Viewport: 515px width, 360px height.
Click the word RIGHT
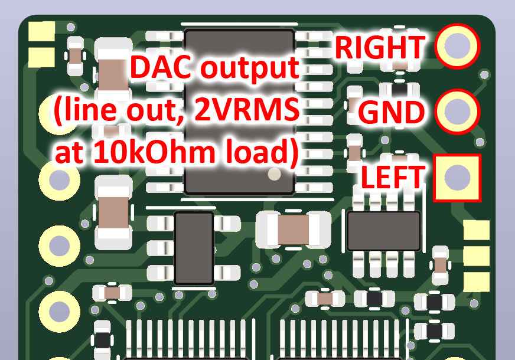380,47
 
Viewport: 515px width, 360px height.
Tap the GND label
391,112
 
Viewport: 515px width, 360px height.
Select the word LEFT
393,177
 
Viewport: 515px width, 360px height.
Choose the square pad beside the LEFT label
457,177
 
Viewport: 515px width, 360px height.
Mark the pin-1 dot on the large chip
274,174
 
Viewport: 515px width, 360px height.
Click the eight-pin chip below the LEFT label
384,231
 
